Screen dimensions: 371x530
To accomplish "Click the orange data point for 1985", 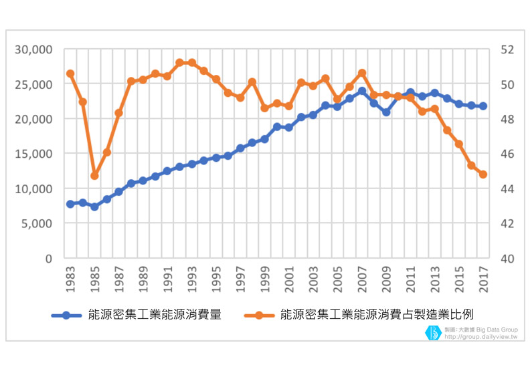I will (94, 176).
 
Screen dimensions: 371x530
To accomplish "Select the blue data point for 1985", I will (94, 207).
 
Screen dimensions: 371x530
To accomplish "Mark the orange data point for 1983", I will (70, 74).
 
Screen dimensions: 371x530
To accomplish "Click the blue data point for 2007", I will (362, 91).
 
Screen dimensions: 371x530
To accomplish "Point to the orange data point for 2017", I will (483, 174).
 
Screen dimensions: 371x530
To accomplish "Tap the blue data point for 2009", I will (386, 112).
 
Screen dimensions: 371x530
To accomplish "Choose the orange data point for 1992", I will (179, 63).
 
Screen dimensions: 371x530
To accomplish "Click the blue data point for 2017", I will (483, 106).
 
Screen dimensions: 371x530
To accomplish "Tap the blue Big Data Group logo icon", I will (434, 332).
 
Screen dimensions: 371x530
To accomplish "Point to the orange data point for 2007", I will (362, 73).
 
